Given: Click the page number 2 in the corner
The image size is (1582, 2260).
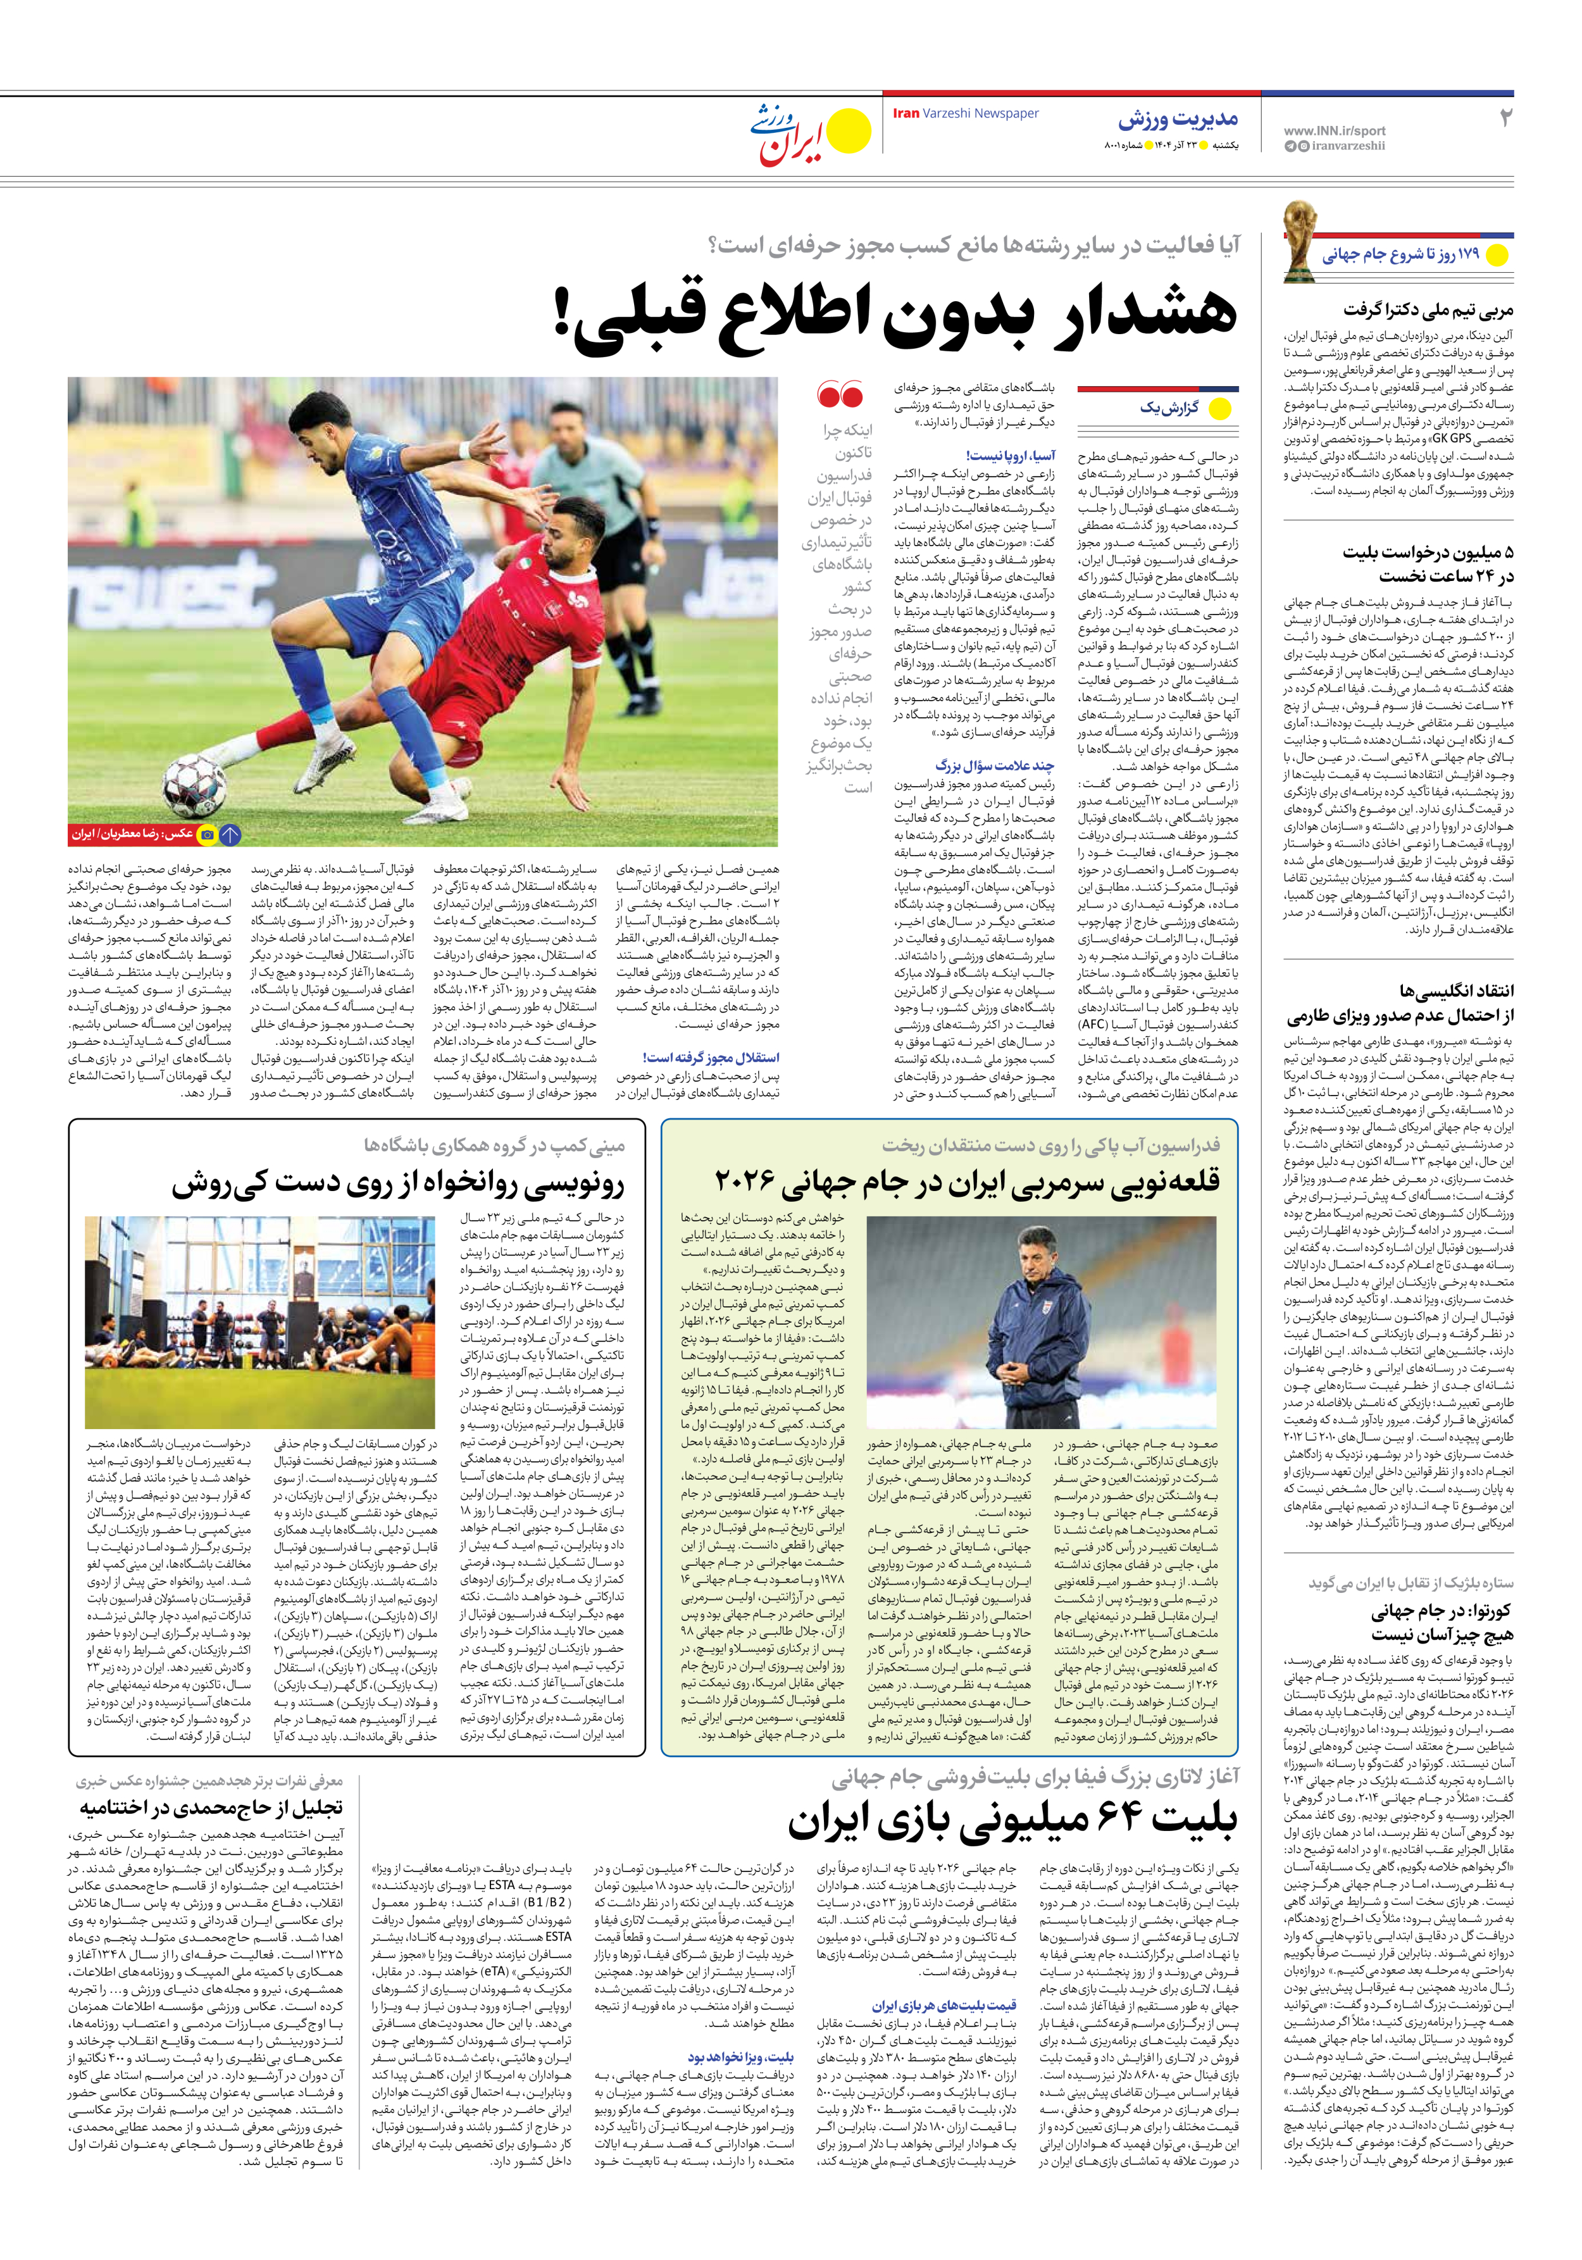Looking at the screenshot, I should click(x=1504, y=118).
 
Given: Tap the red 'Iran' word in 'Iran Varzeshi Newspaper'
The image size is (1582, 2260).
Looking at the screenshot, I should click(x=906, y=113).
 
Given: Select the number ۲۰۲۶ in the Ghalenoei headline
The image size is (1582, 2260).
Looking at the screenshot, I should click(x=746, y=1180).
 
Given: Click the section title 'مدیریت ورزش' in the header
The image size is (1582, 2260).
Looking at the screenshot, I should click(x=1178, y=120).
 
